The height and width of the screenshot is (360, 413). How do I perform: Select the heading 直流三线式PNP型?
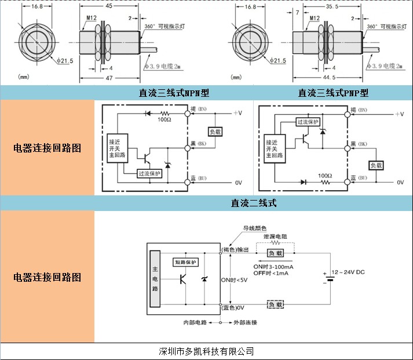click(333, 93)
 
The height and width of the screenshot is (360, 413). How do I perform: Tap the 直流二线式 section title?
click(254, 203)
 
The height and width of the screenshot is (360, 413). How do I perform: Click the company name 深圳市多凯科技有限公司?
click(206, 351)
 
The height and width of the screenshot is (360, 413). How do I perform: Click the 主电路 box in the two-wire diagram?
click(155, 278)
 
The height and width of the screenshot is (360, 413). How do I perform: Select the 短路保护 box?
click(187, 263)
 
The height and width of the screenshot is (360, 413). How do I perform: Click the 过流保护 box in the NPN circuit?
click(149, 173)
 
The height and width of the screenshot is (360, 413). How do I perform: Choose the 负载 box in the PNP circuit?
click(378, 165)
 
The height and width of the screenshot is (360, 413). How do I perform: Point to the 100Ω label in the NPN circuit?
click(166, 119)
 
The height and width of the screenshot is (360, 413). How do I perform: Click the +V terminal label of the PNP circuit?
click(399, 114)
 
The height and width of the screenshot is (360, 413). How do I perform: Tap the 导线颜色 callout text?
click(254, 228)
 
